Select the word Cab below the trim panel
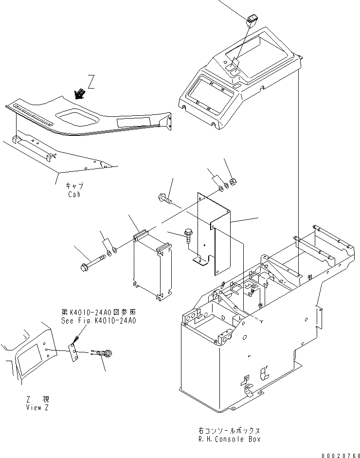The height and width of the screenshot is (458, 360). click(x=75, y=195)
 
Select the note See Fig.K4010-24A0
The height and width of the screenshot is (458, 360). click(x=99, y=321)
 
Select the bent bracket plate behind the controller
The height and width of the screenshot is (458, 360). click(x=214, y=229)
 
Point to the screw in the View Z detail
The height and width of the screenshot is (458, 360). click(x=108, y=353)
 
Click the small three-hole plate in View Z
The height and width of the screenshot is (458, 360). click(x=73, y=352)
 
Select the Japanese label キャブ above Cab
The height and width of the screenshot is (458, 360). click(x=74, y=186)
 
